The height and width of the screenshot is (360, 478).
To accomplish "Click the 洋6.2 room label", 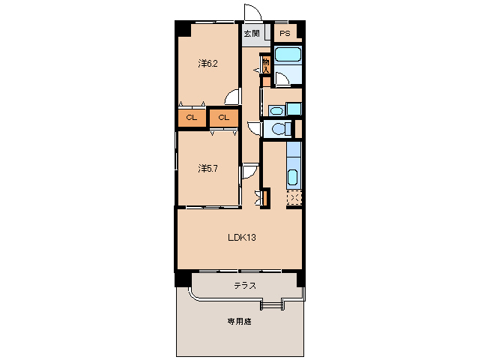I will click(x=208, y=64).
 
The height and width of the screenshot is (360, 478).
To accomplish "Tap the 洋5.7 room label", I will click(x=208, y=168).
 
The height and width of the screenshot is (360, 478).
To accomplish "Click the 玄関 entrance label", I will click(x=252, y=34).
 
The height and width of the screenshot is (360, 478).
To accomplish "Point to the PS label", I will click(x=285, y=34).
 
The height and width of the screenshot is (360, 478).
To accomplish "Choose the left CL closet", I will click(x=192, y=118).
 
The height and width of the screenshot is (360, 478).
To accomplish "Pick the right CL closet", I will click(x=223, y=118).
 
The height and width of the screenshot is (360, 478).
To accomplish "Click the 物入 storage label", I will click(x=265, y=64).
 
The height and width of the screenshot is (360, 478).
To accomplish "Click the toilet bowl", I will click(x=279, y=129).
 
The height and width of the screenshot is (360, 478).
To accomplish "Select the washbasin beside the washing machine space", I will click(x=276, y=110).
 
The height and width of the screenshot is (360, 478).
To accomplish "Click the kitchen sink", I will click(x=292, y=178).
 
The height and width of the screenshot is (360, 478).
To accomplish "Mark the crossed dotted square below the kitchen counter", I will click(x=294, y=198).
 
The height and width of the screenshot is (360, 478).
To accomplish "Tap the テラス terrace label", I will click(x=245, y=285).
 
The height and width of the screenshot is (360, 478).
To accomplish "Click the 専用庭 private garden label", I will click(x=240, y=322).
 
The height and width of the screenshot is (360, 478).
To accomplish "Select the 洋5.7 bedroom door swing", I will click(x=249, y=172).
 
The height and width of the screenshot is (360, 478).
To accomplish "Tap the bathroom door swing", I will click(x=281, y=79).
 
